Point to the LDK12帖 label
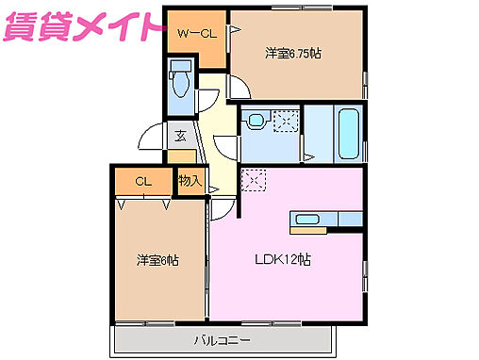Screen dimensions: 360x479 pyautogui.click(x=282, y=260)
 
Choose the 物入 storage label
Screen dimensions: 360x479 pyautogui.click(x=189, y=179)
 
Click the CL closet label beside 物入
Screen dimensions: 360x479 pyautogui.click(x=142, y=181)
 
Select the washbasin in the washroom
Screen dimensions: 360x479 pyautogui.click(x=254, y=121)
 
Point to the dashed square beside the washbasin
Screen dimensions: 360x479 pyautogui.click(x=286, y=120)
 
